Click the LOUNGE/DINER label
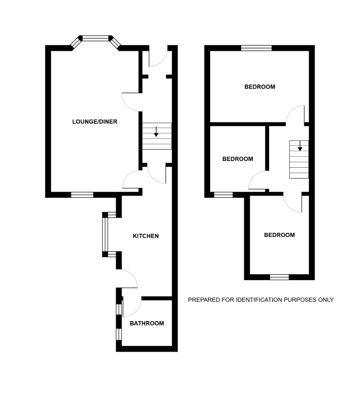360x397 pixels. pos(95,122)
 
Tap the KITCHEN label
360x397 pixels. pos(146,236)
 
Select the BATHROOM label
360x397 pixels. pos(147,323)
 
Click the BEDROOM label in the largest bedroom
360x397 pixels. pos(260,87)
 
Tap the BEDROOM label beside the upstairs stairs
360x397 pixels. pos(238,159)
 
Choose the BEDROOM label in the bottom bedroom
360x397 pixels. pos(279,235)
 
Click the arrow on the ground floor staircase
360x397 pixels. pos(156,132)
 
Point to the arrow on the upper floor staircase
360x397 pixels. pos(300,146)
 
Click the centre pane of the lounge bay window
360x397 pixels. pos(95,38)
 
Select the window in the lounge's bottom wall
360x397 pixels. pos(82,195)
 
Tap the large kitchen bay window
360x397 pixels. pos(105,234)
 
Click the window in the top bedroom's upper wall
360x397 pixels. pos(256,48)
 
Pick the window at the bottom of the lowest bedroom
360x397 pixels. pos(279,277)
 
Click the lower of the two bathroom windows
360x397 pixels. pos(118,334)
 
